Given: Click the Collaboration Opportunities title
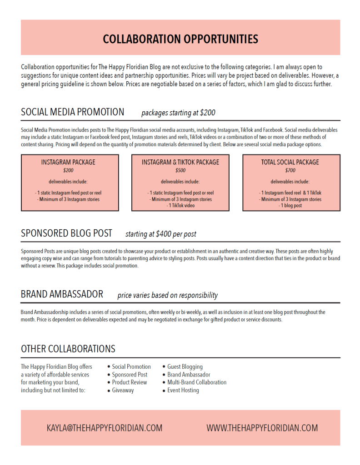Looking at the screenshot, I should pos(180,39).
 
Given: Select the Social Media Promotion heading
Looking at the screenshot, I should pos(72,112).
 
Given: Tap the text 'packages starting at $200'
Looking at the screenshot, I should pos(178,113).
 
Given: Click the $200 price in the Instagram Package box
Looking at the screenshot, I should pos(68,171).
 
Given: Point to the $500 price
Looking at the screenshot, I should pos(180,171).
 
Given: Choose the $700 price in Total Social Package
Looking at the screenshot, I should pos(290,171).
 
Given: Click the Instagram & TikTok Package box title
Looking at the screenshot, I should pos(180,162).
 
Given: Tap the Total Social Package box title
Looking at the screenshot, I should pos(290,162).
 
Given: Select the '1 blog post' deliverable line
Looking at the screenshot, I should pos(290,206).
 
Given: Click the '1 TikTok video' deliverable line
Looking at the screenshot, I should pos(180,206).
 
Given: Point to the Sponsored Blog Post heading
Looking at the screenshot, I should pos(66,233).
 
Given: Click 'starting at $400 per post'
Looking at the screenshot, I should pos(161,234).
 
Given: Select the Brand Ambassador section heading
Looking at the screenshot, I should pos(62,294).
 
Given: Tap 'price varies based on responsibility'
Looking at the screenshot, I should pos(167,295).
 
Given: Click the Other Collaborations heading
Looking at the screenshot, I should pos(68,349).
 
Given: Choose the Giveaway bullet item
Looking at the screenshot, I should pos(123,390).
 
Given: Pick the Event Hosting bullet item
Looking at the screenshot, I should pos(183,390).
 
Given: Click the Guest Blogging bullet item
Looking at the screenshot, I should pos(185,366).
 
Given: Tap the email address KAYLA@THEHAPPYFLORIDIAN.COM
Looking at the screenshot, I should pos(104,428).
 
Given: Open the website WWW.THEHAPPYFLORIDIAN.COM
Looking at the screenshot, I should pos(262,428).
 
